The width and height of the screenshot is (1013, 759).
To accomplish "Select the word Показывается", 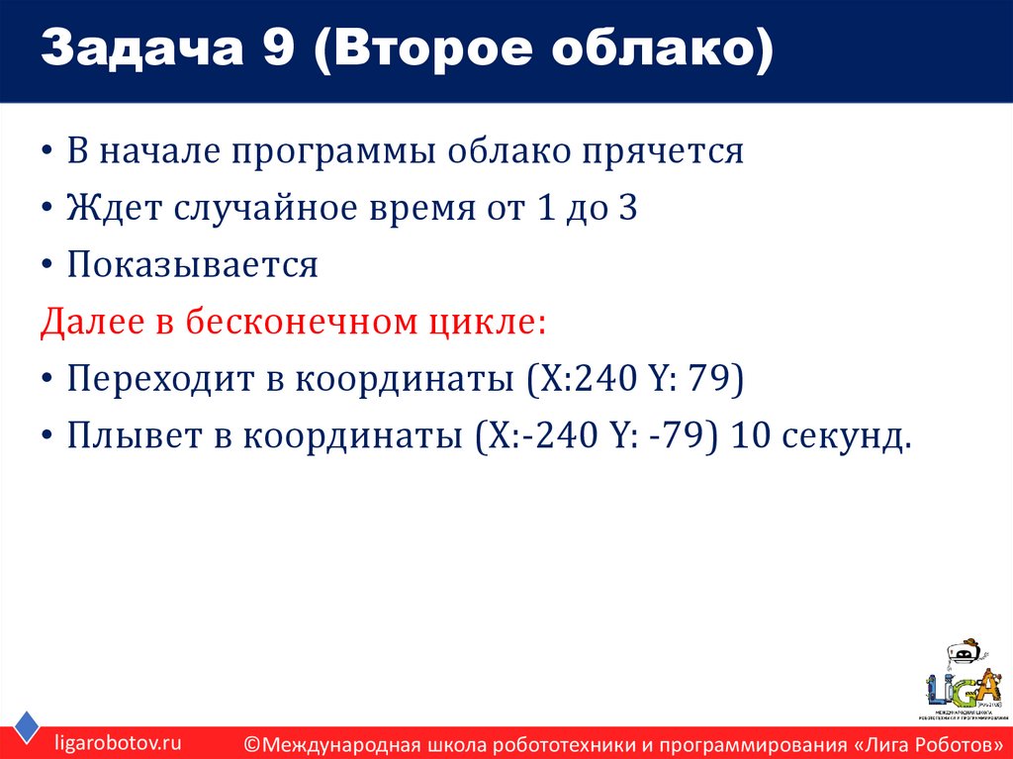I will coord(193,265).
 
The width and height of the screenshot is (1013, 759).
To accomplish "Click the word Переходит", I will coord(150,379).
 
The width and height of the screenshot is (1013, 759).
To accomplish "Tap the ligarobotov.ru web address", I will coord(118,741).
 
